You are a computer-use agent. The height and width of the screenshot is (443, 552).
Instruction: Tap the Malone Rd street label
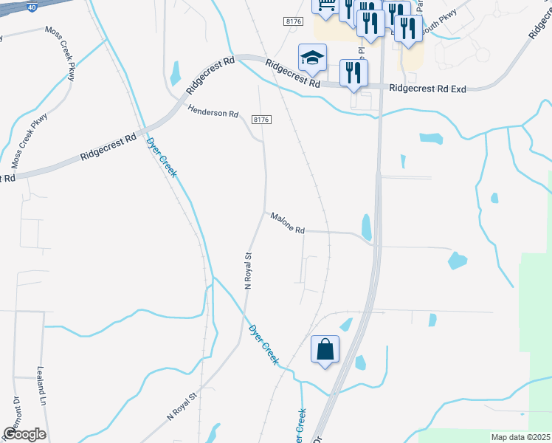pos(287,224)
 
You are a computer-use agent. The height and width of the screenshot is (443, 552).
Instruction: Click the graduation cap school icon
pos(312,58)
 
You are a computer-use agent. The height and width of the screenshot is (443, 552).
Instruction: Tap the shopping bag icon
pos(325,350)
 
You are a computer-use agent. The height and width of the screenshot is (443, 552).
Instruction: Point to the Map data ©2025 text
pos(520,437)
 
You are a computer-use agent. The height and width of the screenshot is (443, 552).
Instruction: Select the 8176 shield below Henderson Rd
pos(261,120)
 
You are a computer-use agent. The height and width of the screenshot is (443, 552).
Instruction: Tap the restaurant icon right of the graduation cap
pos(353,72)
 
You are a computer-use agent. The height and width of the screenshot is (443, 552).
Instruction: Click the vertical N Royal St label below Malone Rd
pos(249,270)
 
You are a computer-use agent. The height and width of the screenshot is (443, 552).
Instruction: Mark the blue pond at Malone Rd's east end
pos(367,227)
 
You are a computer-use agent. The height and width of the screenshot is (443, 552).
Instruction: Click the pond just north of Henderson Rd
pos(176,73)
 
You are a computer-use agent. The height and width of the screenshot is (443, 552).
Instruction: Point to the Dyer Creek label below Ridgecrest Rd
pos(163,158)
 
